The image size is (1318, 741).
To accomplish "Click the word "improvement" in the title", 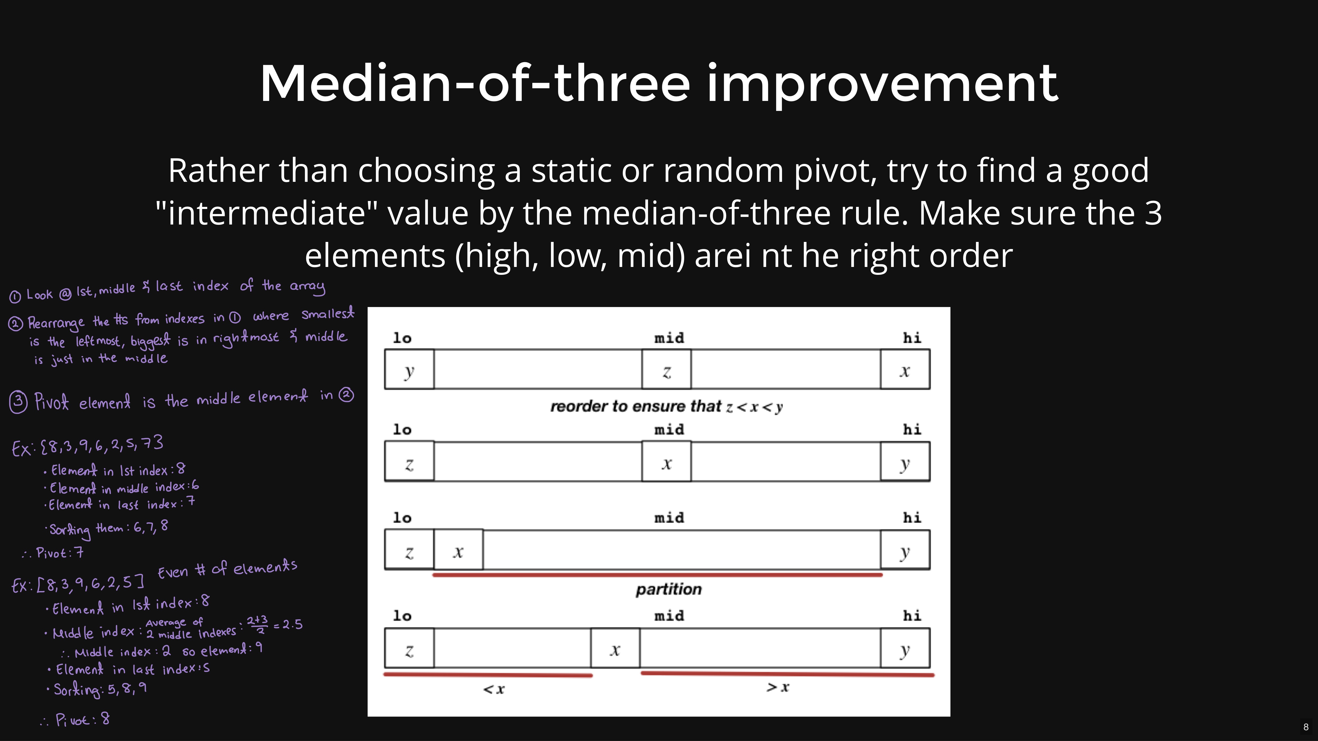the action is [883, 83].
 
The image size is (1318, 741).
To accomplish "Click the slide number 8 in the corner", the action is [1306, 727].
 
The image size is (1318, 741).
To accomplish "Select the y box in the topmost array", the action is [409, 369].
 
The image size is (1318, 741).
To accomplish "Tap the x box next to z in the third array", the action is [458, 550].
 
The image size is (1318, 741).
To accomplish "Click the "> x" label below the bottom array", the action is [778, 687].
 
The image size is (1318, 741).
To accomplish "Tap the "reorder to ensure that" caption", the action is [635, 406].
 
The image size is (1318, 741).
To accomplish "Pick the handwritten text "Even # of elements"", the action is [227, 569].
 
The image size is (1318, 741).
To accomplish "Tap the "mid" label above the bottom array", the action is [669, 616].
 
